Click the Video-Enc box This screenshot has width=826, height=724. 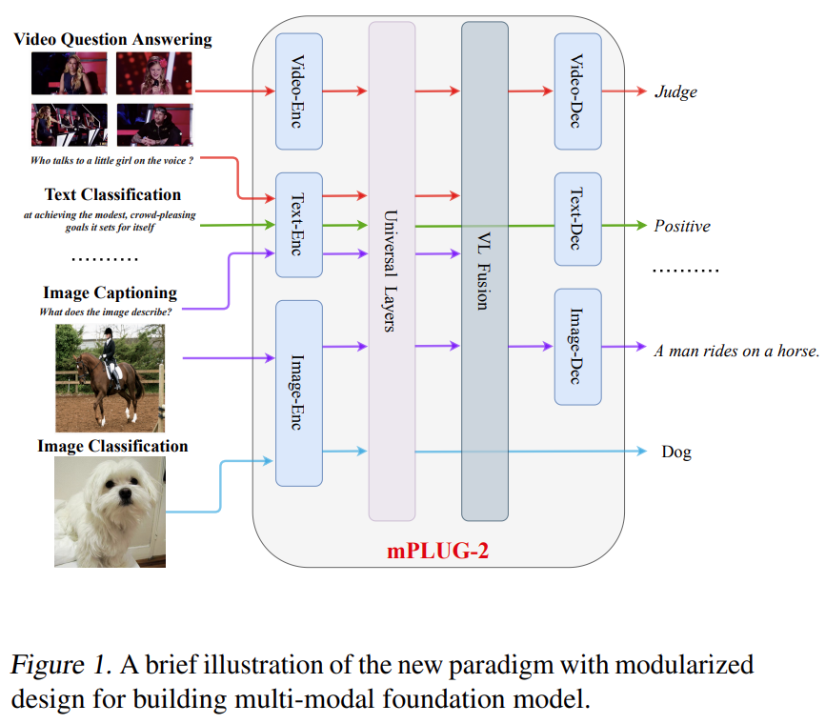click(299, 91)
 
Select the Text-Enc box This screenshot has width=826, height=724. click(299, 225)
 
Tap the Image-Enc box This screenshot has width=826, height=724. click(299, 392)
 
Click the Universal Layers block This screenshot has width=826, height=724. click(393, 271)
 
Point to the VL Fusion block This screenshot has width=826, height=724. click(485, 271)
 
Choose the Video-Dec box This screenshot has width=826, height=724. click(577, 91)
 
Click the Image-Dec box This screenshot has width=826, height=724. click(577, 345)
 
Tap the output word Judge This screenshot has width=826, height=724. click(675, 92)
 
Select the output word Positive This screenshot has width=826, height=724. click(682, 227)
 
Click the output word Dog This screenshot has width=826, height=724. click(676, 452)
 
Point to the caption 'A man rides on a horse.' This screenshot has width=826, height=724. click(736, 351)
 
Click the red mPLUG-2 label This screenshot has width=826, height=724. click(439, 550)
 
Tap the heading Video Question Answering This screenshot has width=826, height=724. click(112, 39)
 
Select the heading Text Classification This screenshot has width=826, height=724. click(112, 195)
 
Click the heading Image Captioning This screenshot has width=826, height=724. click(110, 292)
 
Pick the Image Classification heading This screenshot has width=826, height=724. click(112, 446)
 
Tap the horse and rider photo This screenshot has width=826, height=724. click(110, 365)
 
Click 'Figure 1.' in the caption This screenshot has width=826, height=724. click(54, 665)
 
